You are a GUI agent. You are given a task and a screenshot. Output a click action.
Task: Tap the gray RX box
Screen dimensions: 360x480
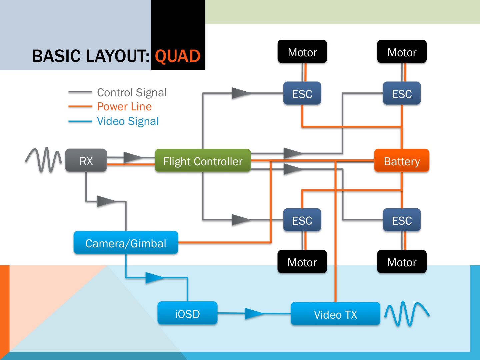[86, 160]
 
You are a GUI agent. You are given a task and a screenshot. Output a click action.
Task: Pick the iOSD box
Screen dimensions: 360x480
[187, 313]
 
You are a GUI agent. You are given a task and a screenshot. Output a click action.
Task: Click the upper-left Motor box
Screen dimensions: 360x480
[302, 52]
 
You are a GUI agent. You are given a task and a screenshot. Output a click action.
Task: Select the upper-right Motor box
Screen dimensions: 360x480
[402, 52]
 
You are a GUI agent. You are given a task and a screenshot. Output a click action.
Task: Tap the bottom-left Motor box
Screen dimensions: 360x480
[302, 262]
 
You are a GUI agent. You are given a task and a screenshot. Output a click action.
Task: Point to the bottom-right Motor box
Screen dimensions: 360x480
[402, 262]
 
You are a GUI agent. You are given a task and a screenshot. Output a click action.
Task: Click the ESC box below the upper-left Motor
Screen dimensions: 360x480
[302, 93]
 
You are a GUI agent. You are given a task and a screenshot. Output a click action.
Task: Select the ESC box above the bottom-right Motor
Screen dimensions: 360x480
[402, 220]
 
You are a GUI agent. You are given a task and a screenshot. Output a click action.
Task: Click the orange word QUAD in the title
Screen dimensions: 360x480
[178, 56]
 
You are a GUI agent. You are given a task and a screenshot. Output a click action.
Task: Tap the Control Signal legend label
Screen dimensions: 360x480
[132, 92]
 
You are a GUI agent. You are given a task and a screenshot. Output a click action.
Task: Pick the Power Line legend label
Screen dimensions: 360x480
[124, 107]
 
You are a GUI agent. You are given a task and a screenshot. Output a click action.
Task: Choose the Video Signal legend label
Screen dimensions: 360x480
[128, 121]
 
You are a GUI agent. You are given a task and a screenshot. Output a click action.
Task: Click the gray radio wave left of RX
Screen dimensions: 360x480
[44, 160]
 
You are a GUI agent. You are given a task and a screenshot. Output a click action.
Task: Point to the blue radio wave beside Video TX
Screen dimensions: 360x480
[407, 313]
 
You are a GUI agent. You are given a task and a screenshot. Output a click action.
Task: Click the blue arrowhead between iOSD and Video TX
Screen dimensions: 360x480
[253, 313]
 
